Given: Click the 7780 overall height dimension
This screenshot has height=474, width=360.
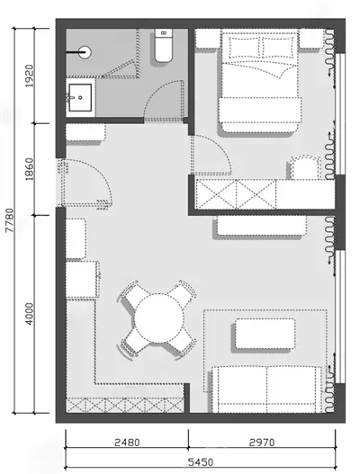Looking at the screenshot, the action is [10, 219].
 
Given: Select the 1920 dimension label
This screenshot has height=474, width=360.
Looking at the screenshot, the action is [30, 76].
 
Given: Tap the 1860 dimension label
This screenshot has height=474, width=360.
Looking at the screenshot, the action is [30, 169].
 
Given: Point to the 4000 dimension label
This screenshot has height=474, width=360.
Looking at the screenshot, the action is [30, 314].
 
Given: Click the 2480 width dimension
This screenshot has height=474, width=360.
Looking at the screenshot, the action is [127, 443].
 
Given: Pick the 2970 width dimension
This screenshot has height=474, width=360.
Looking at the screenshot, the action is [262, 443].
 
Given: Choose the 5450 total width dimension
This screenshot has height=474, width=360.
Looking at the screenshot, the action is [201, 462].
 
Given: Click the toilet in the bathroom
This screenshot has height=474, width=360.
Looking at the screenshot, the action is [164, 45].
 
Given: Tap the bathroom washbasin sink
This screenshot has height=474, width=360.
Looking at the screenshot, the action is [80, 98].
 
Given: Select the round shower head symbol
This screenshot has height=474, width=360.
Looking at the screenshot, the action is [85, 52].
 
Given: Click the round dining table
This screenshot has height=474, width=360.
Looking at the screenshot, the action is [158, 318].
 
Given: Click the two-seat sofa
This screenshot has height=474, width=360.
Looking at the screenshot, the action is [266, 389].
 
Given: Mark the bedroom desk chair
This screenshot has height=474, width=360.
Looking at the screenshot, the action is [305, 167].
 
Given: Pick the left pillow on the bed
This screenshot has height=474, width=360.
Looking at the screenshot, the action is [245, 47].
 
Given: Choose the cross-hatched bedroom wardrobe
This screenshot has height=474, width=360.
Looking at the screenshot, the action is [236, 194].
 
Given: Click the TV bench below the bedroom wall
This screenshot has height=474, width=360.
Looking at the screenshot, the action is [262, 225].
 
